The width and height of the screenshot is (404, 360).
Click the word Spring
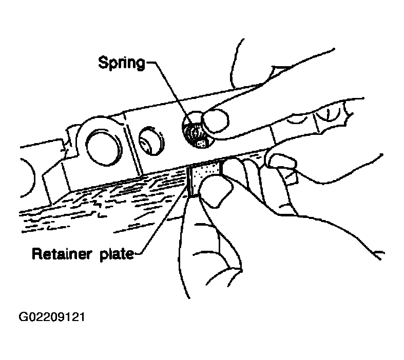click(x=122, y=63)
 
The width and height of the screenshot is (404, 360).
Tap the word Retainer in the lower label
click(x=62, y=254)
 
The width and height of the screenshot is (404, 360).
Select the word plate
click(x=117, y=255)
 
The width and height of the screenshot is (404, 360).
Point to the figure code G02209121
click(x=51, y=317)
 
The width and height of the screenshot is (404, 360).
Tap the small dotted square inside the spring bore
click(x=201, y=144)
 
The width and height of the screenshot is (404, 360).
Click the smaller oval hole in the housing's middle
click(x=151, y=141)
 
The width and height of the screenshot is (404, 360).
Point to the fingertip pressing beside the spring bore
click(x=216, y=121)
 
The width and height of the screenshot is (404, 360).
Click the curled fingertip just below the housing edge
click(x=281, y=162)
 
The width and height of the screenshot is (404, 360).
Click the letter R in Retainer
click(x=37, y=253)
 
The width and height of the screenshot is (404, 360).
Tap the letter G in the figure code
click(x=23, y=317)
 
